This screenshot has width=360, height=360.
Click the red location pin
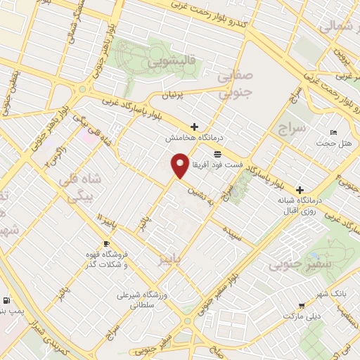pyautogui.click(x=180, y=166)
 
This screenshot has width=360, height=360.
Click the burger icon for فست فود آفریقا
pyautogui.click(x=217, y=153)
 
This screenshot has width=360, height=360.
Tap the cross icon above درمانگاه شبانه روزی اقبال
pyautogui.click(x=300, y=190)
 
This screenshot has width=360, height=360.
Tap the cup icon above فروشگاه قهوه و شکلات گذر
pyautogui.click(x=106, y=244)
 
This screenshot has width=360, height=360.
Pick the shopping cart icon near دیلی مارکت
pyautogui.click(x=301, y=306)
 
